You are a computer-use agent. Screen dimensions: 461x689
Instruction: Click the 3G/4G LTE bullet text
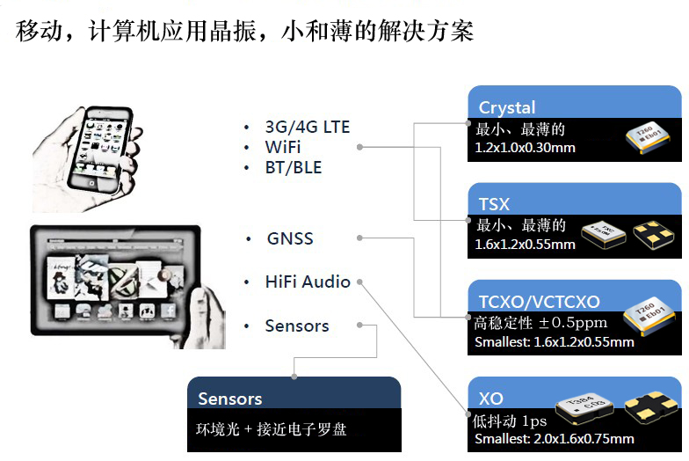pos(307,127)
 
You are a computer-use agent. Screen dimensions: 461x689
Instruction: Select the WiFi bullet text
pos(282,147)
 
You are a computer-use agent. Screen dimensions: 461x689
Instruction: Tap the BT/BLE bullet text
pos(294,167)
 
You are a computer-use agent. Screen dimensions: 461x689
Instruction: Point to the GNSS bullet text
pos(290,238)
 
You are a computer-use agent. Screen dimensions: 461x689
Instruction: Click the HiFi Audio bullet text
pos(308,282)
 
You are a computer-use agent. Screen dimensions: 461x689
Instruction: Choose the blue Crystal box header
pos(507,107)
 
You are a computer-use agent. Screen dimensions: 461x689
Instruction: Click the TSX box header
pos(494,204)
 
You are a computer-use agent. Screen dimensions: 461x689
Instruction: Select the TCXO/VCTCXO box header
pos(539,301)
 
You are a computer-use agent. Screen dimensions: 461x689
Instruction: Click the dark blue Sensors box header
pos(230,399)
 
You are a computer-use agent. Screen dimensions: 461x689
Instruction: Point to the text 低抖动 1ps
pos(510,421)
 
